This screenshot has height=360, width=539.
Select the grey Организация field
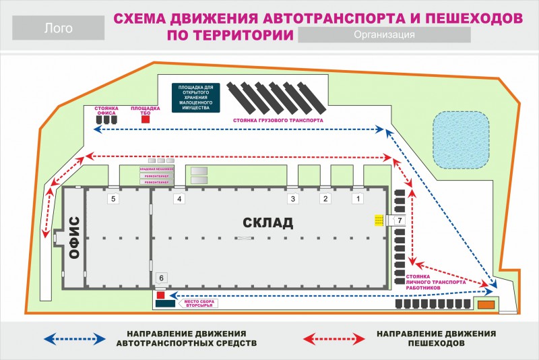pos(383,35)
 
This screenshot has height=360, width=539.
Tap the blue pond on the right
pos(460,140)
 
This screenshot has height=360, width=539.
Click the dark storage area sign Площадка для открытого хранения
pos(195,98)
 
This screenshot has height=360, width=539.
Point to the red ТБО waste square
pos(145,119)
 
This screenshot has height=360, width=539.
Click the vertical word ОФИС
pos(74,237)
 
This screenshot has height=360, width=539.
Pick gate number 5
pos(114,199)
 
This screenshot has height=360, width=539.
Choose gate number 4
pos(179,199)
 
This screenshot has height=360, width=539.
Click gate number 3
pos(292,199)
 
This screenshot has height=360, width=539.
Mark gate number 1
pos(358,199)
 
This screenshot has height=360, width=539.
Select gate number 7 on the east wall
pos(399,220)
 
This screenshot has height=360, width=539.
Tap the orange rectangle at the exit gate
pos(484,305)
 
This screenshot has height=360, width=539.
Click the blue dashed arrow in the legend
pos(74,338)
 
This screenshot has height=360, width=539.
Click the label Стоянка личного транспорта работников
pos(435,282)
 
